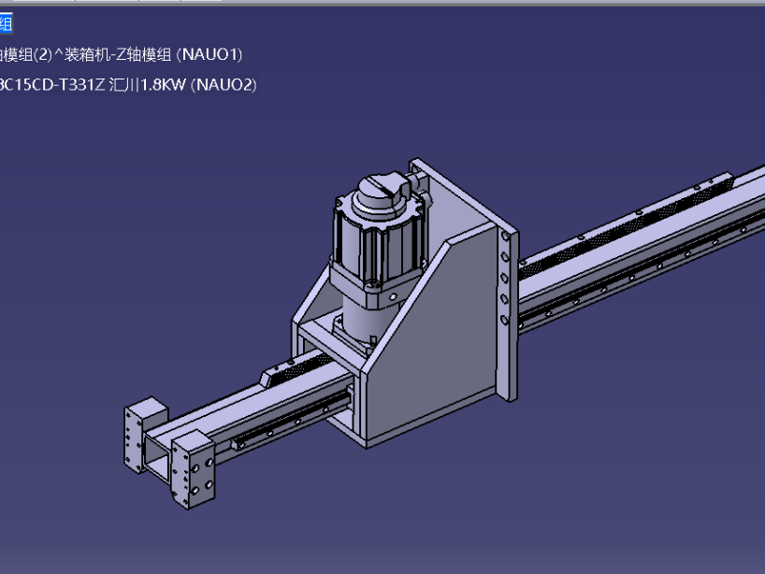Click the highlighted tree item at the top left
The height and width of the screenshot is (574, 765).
click(x=7, y=24)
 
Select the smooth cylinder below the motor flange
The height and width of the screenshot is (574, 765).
click(x=360, y=309)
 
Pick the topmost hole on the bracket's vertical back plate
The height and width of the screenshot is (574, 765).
click(x=505, y=237)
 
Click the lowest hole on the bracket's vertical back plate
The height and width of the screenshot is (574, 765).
click(x=505, y=320)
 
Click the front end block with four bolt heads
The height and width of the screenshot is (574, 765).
click(x=195, y=472)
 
